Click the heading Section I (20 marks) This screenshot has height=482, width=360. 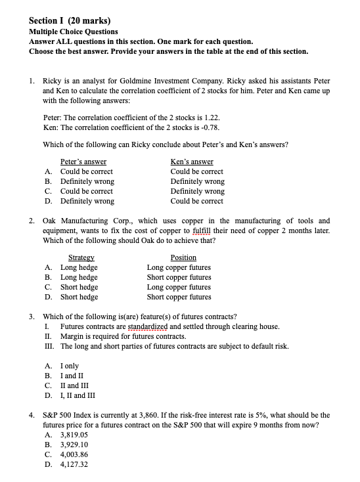(x=70, y=20)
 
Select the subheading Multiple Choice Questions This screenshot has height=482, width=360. (x=74, y=32)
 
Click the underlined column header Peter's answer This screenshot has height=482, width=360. (x=83, y=162)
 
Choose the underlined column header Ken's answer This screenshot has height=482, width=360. (x=192, y=162)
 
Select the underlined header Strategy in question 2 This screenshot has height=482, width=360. (x=83, y=257)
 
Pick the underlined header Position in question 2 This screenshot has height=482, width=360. (x=183, y=257)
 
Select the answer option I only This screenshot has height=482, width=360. (x=70, y=366)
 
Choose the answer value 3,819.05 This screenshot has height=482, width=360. (x=74, y=435)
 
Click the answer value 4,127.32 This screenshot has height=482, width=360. (x=74, y=464)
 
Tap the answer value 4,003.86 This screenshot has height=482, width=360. (x=74, y=454)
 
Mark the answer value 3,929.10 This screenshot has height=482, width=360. (x=74, y=445)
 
